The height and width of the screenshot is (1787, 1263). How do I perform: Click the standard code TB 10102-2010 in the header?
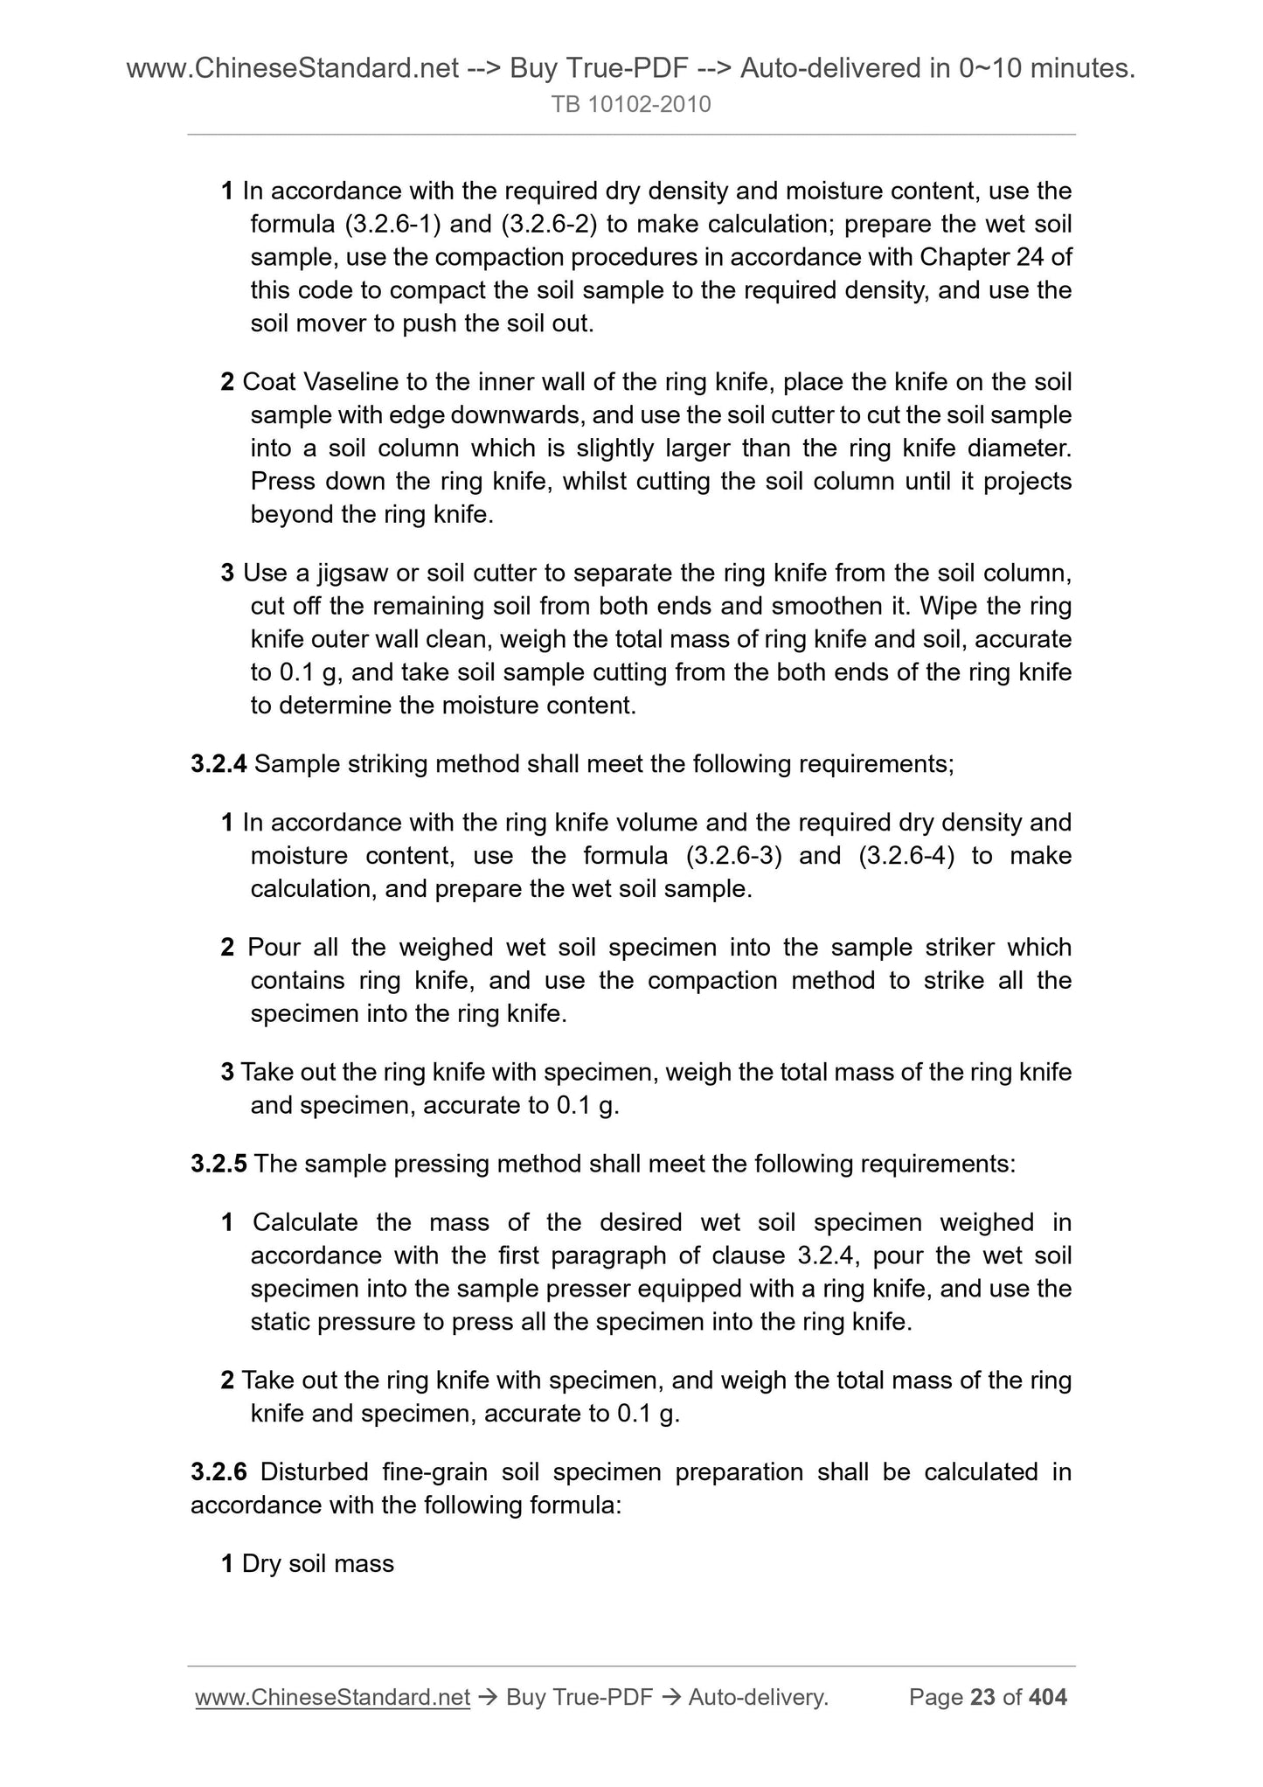tap(631, 105)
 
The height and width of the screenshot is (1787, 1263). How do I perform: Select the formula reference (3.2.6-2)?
tap(550, 225)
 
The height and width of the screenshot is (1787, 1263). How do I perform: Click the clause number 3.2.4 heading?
tap(219, 764)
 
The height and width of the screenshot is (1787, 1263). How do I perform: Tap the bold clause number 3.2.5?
tap(219, 1164)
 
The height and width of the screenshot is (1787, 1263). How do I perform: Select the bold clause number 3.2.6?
tap(219, 1472)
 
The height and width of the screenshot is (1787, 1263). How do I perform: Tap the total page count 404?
tap(1048, 1698)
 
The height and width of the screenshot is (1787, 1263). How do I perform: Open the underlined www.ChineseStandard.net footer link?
tap(333, 1698)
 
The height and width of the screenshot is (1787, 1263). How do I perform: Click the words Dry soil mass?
tap(318, 1564)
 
